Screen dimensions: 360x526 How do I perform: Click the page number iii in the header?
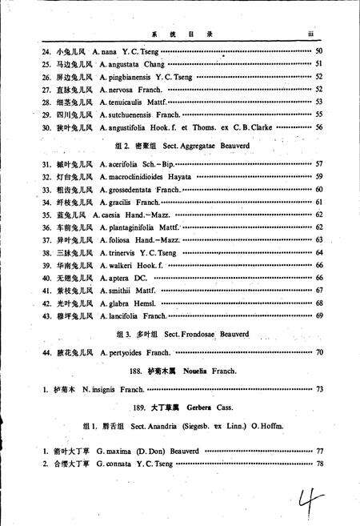click(312, 34)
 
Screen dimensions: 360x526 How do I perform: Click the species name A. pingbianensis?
click(127, 77)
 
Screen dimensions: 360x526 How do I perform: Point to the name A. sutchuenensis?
click(127, 114)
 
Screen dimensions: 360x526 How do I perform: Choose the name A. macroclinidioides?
click(132, 175)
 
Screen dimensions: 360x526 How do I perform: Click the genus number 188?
click(134, 371)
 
